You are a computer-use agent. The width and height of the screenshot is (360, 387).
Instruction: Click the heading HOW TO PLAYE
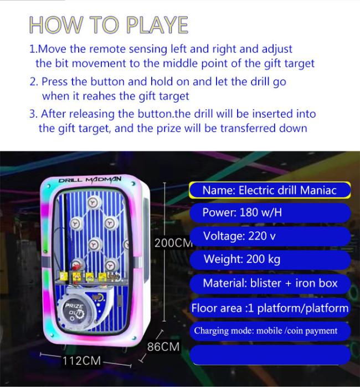(x=109, y=25)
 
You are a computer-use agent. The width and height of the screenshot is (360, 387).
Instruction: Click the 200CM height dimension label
(x=173, y=243)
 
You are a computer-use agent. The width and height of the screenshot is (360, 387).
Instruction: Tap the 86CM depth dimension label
(x=163, y=347)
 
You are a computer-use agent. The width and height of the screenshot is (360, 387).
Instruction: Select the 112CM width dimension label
(x=81, y=360)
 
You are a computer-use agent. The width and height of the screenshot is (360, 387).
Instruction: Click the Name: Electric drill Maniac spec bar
(x=270, y=190)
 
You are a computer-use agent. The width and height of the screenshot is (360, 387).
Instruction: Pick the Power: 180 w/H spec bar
(x=270, y=212)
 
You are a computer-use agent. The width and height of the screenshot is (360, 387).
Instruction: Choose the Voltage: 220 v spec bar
(x=270, y=236)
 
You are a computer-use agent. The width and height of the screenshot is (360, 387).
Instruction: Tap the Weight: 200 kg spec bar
(x=270, y=259)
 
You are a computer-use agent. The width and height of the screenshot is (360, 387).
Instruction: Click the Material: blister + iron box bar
(x=270, y=283)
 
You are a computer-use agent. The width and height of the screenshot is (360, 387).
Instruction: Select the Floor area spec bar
(x=270, y=308)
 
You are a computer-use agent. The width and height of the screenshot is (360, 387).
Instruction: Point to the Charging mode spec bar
(x=270, y=331)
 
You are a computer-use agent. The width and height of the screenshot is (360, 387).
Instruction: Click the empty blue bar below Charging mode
(x=270, y=355)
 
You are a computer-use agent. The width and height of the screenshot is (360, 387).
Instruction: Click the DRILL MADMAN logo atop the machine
(x=90, y=180)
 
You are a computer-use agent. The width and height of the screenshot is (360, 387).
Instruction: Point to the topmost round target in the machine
(x=94, y=202)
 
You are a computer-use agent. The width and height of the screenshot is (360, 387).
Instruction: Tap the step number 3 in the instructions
(x=33, y=114)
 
